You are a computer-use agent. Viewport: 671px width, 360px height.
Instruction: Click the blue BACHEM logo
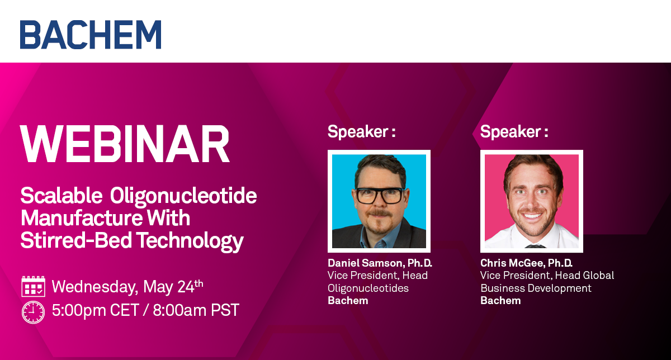[91, 35]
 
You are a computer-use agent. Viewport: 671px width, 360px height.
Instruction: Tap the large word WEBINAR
[125, 144]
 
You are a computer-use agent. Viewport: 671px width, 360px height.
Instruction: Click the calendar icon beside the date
[34, 286]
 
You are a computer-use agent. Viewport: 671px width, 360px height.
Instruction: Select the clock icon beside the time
[33, 312]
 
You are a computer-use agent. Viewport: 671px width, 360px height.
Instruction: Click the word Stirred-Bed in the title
[76, 240]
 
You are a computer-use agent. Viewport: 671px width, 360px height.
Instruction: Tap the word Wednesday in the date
[95, 287]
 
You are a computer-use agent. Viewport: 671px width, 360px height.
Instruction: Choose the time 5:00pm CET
[96, 310]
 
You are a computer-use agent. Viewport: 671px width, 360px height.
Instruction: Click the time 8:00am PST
[196, 310]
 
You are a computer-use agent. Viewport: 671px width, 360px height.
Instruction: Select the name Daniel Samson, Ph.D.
[380, 263]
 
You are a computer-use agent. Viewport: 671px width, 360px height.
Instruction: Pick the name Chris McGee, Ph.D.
[526, 263]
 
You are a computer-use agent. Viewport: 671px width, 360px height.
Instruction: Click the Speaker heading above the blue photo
[362, 131]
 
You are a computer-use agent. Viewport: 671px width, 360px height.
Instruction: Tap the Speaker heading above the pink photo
[514, 131]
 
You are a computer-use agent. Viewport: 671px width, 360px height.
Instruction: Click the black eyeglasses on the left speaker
[380, 196]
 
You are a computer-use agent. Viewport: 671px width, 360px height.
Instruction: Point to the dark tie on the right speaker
[535, 246]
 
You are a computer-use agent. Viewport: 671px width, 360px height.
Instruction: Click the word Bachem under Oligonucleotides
[348, 300]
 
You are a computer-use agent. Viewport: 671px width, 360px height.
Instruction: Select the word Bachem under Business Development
[500, 300]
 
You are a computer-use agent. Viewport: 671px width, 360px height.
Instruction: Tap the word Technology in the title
[190, 241]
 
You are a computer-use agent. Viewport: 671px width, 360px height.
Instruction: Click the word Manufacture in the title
[82, 218]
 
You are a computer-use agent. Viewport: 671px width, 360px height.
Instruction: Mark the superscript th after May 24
[199, 283]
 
